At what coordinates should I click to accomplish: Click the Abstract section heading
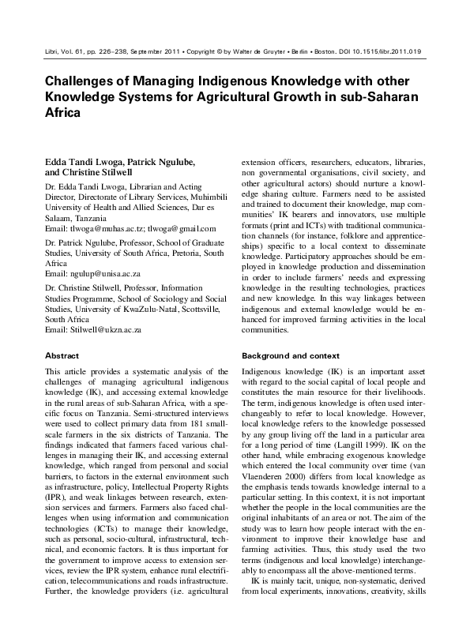pos(62,356)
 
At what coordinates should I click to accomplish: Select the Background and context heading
pos(291,356)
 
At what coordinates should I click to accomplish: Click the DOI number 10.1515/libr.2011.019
pos(381,51)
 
